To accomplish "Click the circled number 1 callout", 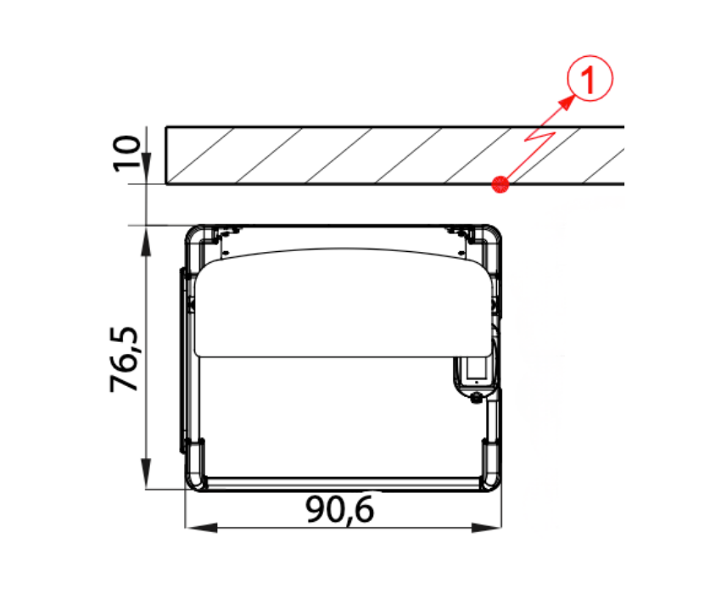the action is (x=590, y=78).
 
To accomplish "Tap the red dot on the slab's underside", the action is (x=500, y=184).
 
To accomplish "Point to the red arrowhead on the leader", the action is (x=567, y=103).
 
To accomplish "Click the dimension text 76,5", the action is (x=124, y=359).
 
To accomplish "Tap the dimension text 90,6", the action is (x=340, y=509).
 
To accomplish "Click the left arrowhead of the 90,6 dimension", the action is (x=201, y=527).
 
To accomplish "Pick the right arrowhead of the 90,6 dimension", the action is (x=486, y=527).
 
